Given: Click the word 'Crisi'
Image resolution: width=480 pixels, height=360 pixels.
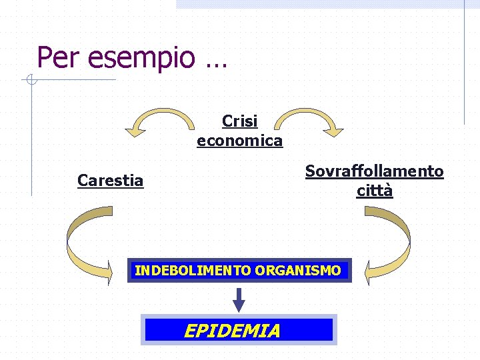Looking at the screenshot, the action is (x=240, y=121).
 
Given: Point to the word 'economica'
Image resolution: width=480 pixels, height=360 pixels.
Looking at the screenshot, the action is (x=240, y=141).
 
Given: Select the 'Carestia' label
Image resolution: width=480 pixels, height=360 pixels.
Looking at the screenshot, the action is (x=111, y=181).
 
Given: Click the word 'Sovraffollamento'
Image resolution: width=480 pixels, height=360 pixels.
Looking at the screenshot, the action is (x=374, y=171).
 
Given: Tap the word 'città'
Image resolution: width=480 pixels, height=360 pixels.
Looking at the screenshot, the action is (x=374, y=191).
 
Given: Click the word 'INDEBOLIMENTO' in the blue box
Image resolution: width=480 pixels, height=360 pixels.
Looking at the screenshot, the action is (x=193, y=271).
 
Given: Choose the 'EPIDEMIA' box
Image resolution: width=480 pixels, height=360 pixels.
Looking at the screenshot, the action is (x=239, y=330).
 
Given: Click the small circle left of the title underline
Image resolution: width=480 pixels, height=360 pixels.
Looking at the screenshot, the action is (x=30, y=81).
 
